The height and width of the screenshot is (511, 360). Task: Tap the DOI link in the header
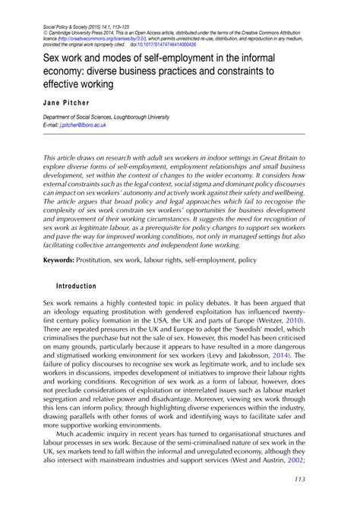coord(163,44)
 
